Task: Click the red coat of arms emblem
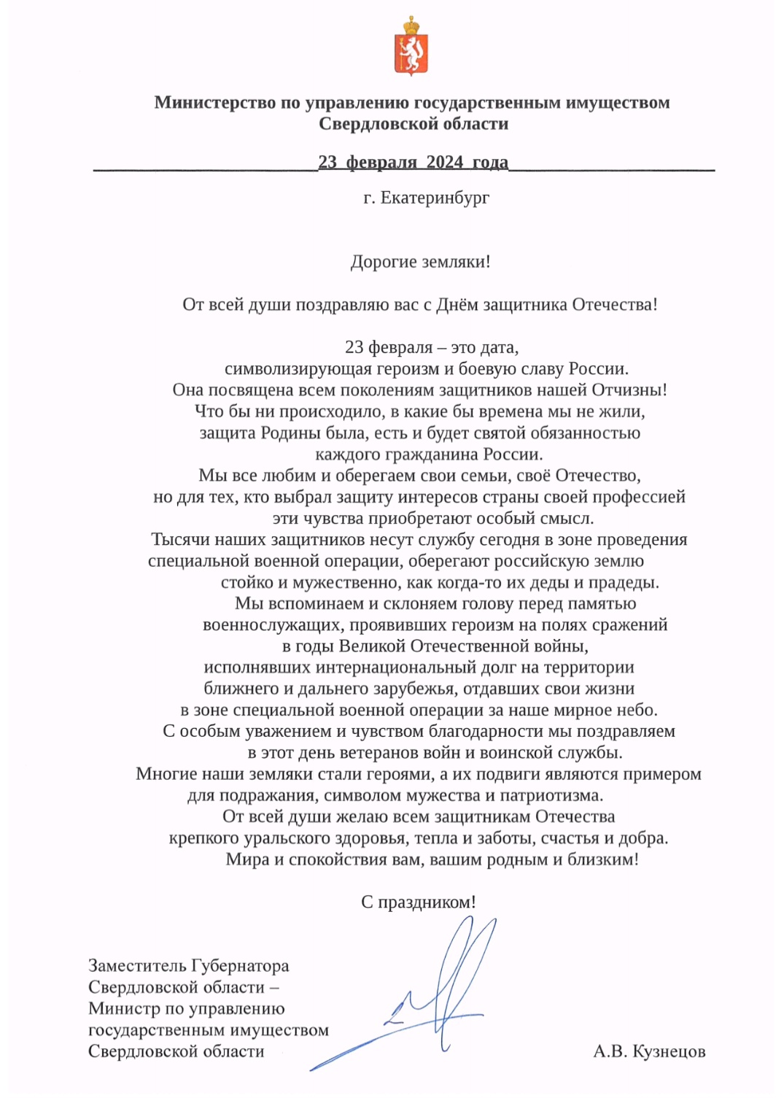click(x=411, y=47)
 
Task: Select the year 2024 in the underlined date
click(x=444, y=162)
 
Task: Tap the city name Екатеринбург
click(x=435, y=198)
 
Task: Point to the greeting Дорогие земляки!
click(x=420, y=262)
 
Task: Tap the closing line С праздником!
click(x=419, y=902)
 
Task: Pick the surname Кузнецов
click(x=669, y=1051)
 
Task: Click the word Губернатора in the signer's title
click(x=240, y=966)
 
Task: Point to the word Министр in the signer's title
click(x=125, y=1009)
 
